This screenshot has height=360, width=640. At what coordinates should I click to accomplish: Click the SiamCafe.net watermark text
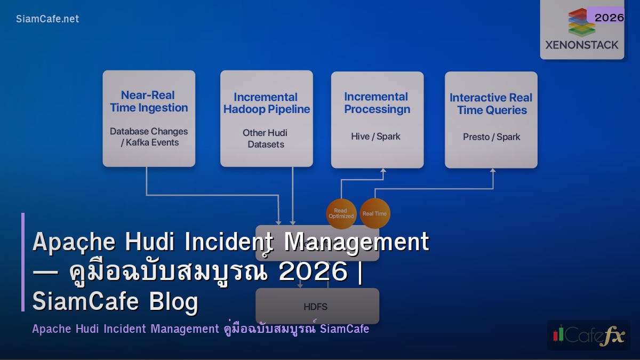coord(47,19)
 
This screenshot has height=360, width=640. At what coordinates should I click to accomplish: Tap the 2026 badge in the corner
coord(609,18)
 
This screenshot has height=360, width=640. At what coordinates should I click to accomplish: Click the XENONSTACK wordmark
coord(582,45)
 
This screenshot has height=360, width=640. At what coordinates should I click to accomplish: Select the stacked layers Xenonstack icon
coord(581,22)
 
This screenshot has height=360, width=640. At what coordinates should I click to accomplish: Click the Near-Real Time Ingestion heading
coord(149,101)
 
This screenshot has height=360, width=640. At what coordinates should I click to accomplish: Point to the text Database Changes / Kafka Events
coord(149,137)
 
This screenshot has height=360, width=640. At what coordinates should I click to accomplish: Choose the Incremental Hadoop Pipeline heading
coord(266,103)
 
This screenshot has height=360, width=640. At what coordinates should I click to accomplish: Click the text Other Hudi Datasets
coord(266,139)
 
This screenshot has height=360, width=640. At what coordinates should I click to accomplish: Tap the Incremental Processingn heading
coord(377,103)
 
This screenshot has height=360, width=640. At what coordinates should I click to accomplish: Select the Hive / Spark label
coord(375,137)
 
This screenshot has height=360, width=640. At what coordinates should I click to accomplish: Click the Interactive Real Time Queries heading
coord(491,104)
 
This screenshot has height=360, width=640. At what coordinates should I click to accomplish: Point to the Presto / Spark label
coord(491,137)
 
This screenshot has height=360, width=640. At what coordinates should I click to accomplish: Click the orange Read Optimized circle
coord(341,213)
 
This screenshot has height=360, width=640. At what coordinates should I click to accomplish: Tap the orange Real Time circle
coord(374,214)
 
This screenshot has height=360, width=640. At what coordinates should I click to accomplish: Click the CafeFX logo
coord(588,335)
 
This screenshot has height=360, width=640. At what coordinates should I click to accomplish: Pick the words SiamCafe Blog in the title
coord(115,302)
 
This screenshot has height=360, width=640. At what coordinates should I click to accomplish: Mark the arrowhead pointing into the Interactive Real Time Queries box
coord(493,171)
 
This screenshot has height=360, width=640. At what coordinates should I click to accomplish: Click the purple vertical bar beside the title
coord(23,262)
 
